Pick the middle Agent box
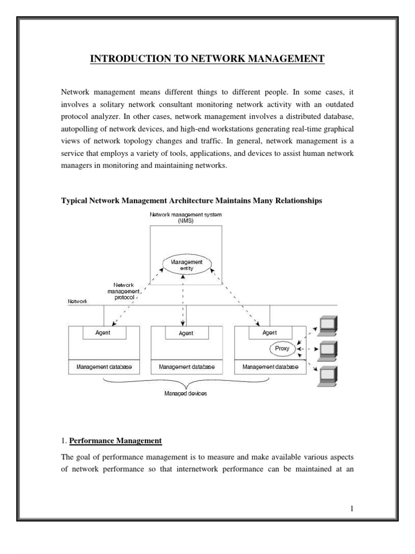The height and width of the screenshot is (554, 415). [x=185, y=333]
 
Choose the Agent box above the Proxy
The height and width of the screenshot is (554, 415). [x=269, y=333]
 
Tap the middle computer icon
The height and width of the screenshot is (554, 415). [x=327, y=350]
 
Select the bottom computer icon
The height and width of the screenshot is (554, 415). [x=327, y=375]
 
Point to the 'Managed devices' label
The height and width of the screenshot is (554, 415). [x=185, y=393]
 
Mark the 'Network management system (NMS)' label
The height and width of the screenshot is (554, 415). [x=186, y=218]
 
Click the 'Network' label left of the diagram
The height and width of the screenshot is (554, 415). [x=77, y=301]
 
